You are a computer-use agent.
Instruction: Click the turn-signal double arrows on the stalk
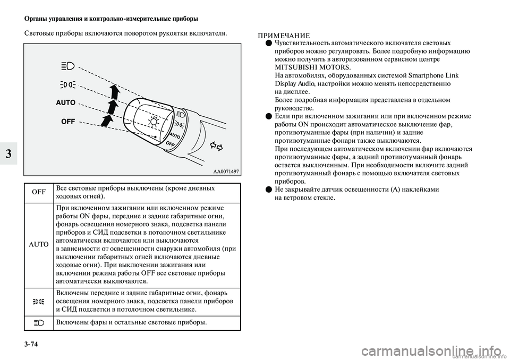coord(216,145)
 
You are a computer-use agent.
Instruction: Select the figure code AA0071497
coord(225,171)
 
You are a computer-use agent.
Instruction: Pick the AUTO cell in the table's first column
coord(39,244)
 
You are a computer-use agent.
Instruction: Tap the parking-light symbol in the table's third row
coord(39,301)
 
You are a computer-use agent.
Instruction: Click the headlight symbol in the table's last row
coord(39,322)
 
